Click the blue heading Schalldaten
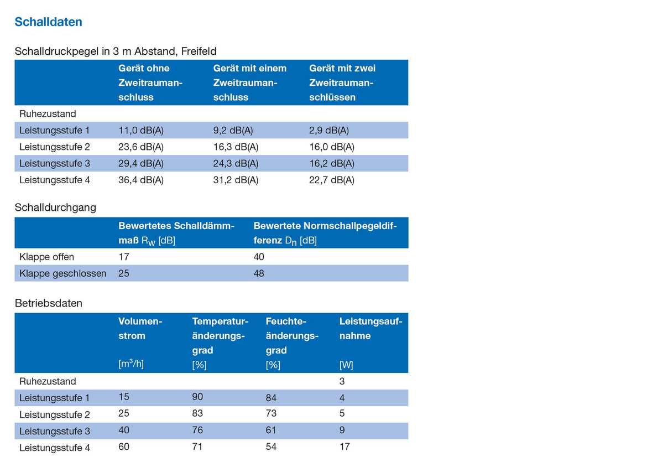pyautogui.click(x=48, y=22)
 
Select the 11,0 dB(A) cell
pyautogui.click(x=141, y=131)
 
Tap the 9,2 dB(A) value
pyautogui.click(x=233, y=131)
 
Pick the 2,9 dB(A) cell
pyautogui.click(x=329, y=131)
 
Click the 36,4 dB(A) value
pyautogui.click(x=141, y=180)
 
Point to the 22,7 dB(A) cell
pyautogui.click(x=332, y=180)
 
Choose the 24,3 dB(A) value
pyautogui.click(x=236, y=164)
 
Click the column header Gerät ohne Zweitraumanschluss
pyautogui.click(x=150, y=82)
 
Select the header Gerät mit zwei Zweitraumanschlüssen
pyautogui.click(x=342, y=82)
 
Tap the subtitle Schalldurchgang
pyautogui.click(x=55, y=207)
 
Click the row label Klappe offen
pyautogui.click(x=46, y=257)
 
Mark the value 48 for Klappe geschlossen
pyautogui.click(x=259, y=273)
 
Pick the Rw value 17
pyautogui.click(x=124, y=257)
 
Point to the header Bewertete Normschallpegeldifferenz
pyautogui.click(x=325, y=233)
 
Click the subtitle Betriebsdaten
pyautogui.click(x=49, y=303)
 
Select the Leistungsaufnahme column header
pyautogui.click(x=370, y=329)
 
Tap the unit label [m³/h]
pyautogui.click(x=131, y=364)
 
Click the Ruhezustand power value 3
pyautogui.click(x=342, y=381)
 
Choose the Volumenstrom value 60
pyautogui.click(x=124, y=447)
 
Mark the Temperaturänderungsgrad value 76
pyautogui.click(x=197, y=430)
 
